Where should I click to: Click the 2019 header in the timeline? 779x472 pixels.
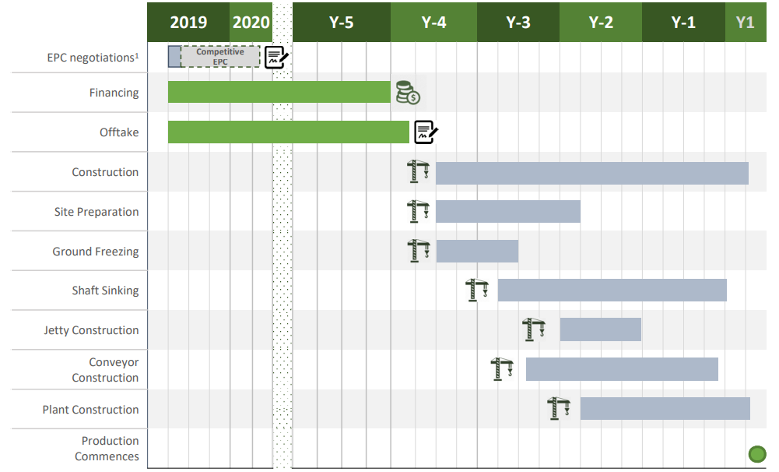pos(188,22)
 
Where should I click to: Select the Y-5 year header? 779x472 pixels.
pos(341,22)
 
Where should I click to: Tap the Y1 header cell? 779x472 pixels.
pos(746,22)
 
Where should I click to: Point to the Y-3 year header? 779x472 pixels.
pos(518,22)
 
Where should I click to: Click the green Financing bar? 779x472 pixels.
pos(279,92)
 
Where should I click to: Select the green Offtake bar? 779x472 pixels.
pos(288,132)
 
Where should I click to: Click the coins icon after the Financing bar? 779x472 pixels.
pos(407,92)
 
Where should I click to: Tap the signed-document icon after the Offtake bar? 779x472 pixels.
pos(425,132)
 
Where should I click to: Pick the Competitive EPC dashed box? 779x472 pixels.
pos(220,56)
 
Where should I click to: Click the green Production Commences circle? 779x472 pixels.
pos(756,454)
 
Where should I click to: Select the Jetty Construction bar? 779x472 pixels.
pos(600,329)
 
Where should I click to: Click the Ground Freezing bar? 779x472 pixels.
pos(477,251)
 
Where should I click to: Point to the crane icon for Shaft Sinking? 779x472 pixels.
pos(476,291)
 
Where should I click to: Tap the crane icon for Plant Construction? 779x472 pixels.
pos(559,409)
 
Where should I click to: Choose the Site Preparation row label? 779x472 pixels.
pos(96,212)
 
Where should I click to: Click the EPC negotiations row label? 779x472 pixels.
pos(91,58)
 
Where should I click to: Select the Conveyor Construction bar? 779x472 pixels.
pos(622,369)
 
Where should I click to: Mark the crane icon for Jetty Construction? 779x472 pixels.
pos(534,329)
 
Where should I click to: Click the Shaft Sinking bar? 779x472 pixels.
pos(612,290)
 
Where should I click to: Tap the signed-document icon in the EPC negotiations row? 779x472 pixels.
pos(276,57)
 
